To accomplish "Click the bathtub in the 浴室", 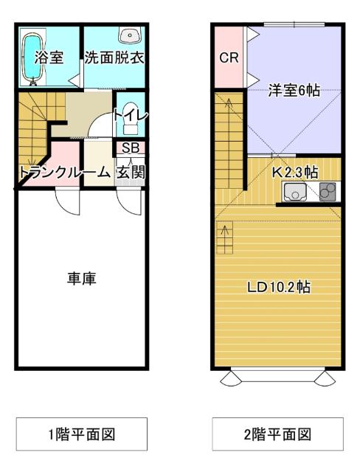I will pos(30,57).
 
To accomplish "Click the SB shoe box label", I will pos(131,147).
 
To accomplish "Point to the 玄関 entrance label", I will pos(130,172).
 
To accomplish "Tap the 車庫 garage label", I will pos(82,279).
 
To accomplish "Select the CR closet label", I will pos(229,58).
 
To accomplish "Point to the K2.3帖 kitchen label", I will pos(295,173).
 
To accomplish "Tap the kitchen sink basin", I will pos(295,193).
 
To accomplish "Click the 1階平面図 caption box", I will pos(82,434).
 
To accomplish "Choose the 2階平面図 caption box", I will pos(278,434).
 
